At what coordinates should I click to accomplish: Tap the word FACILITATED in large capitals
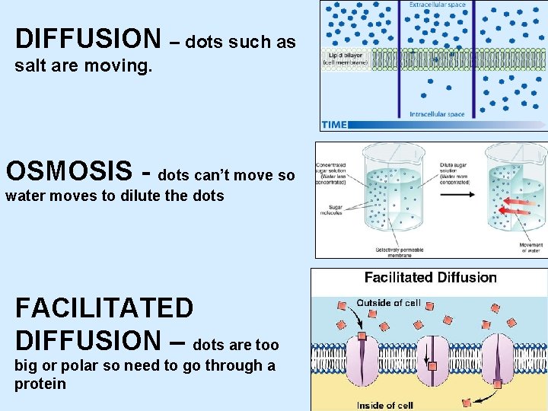tap(104, 308)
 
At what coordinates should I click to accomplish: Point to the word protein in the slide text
tap(40, 384)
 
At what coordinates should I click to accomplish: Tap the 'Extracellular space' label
tap(437, 5)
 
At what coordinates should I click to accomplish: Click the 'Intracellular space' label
tap(437, 114)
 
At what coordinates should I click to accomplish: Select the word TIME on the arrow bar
tap(334, 124)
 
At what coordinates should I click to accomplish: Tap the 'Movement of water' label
tap(530, 247)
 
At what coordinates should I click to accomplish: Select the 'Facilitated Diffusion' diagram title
tap(430, 278)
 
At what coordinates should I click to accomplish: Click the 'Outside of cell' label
tap(388, 303)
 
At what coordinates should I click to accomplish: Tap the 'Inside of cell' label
tap(384, 405)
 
